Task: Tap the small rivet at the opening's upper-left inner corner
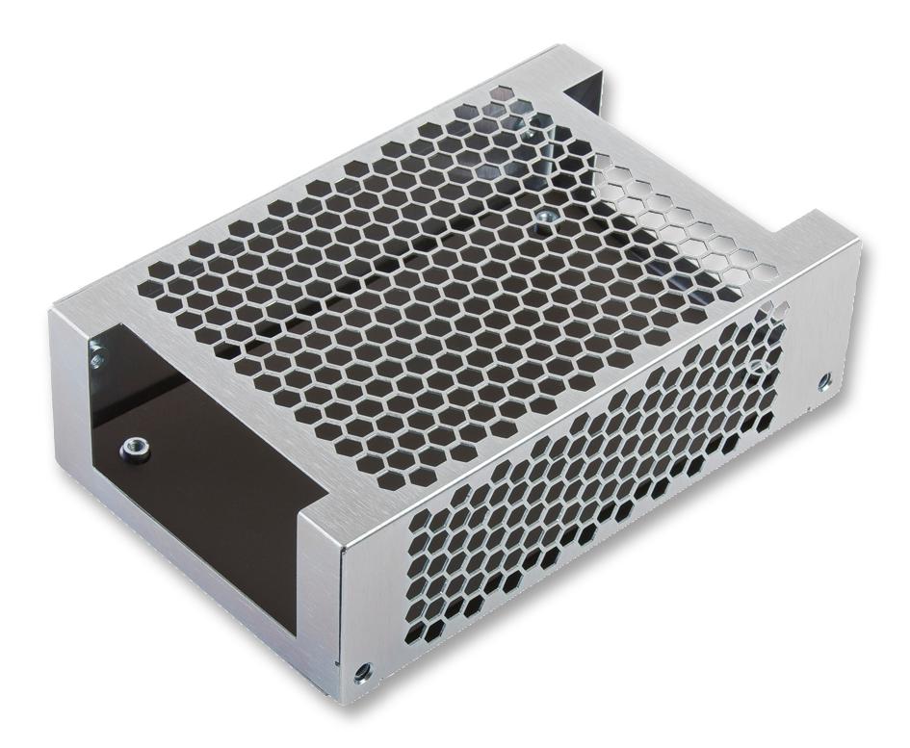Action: click(96, 359)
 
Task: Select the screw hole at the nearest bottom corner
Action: click(362, 672)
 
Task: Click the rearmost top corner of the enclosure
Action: click(555, 45)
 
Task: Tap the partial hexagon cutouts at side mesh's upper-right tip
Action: click(776, 313)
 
